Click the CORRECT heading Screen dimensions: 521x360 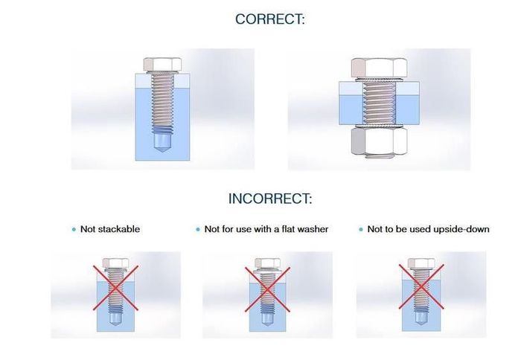(269, 19)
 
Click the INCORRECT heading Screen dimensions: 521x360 (270, 199)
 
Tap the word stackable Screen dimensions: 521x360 (119, 229)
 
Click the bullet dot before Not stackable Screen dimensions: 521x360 (74, 230)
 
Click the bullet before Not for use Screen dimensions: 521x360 (198, 230)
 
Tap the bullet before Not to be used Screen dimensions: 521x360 (361, 230)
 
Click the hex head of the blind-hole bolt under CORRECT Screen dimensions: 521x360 (162, 64)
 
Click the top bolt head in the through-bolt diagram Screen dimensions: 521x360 (380, 68)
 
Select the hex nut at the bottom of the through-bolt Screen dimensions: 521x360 (380, 141)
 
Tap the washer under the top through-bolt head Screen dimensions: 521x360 (380, 80)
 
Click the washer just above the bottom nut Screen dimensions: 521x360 (380, 126)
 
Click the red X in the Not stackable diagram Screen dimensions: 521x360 (115, 288)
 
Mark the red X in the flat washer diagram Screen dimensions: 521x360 (267, 289)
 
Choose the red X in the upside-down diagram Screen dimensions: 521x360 (421, 286)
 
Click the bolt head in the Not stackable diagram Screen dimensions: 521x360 (115, 263)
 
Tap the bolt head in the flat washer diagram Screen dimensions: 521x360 (268, 263)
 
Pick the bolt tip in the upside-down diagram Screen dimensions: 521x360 (421, 319)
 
